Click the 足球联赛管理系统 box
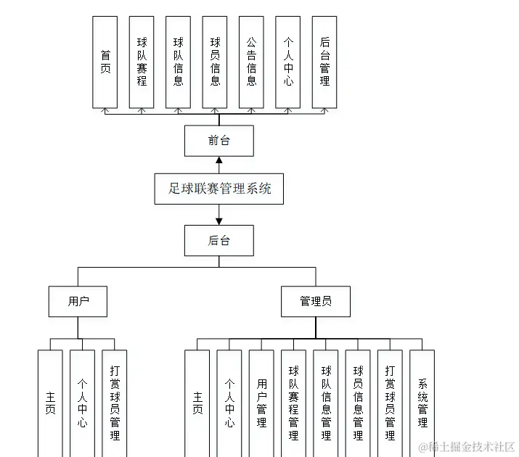218,189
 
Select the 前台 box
218,141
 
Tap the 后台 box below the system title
218,240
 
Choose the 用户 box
78,301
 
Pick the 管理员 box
315,301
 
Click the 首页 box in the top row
105,62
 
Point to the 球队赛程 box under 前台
142,62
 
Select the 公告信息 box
251,62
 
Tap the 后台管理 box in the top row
324,62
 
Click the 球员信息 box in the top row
215,62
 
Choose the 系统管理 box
422,403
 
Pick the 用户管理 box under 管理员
261,403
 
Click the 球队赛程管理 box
293,403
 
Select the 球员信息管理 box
358,403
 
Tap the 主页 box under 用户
50,403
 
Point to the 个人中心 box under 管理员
229,403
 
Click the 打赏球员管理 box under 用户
114,403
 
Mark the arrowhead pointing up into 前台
218,160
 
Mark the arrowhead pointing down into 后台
218,220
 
